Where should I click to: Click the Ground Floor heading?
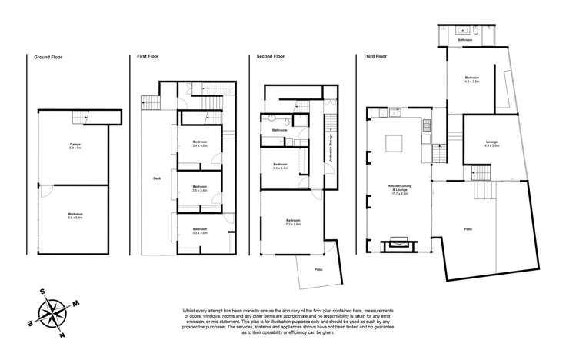tap(47, 56)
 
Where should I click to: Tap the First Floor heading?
tap(148, 56)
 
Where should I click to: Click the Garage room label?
tap(75, 147)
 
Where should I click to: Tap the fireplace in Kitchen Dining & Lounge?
tap(399, 245)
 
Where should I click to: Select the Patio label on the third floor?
tap(468, 229)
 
